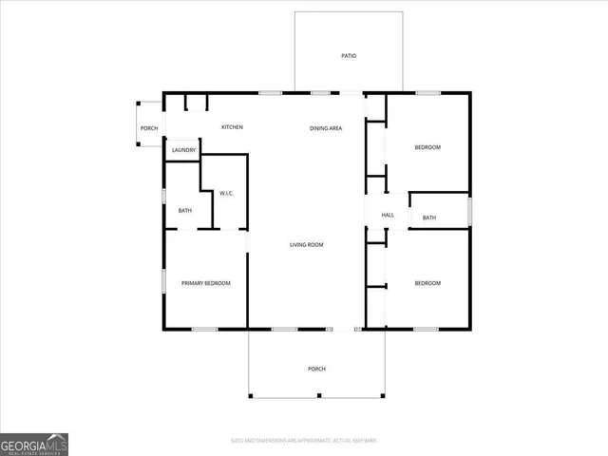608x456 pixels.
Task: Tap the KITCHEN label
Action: point(233,127)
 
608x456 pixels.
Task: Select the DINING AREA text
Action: point(326,127)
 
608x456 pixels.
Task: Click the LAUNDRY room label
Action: point(184,150)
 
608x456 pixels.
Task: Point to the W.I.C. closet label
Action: point(227,194)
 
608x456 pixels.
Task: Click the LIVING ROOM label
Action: point(307,245)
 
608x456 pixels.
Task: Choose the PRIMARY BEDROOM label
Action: point(206,283)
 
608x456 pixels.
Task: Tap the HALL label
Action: point(388,215)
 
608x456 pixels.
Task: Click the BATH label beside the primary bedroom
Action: point(184,210)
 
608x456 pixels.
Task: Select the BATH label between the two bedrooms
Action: point(429,218)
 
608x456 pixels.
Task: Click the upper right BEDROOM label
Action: point(427,147)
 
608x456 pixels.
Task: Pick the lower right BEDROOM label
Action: point(427,283)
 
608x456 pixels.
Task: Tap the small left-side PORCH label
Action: point(149,128)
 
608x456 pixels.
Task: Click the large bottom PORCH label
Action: point(316,369)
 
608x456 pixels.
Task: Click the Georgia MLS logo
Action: point(34,445)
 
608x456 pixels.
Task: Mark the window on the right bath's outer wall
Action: point(469,210)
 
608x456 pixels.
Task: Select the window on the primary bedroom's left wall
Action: point(163,281)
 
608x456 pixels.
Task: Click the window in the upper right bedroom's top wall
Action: point(427,92)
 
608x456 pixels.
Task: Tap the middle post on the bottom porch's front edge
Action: point(318,395)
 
